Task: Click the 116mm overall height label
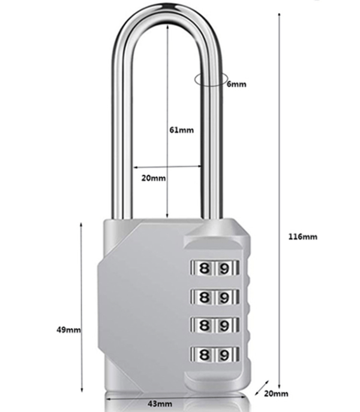click(303, 237)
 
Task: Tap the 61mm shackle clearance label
click(181, 130)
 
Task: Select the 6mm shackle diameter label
click(236, 84)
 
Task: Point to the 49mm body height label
click(68, 330)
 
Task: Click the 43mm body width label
click(160, 404)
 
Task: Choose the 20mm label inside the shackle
click(154, 178)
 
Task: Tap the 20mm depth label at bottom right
click(276, 393)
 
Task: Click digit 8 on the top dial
click(204, 268)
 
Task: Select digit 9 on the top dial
click(224, 268)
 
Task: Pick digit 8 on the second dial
click(204, 298)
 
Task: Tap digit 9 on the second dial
click(224, 298)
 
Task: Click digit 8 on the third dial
click(204, 326)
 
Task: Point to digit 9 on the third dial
click(224, 326)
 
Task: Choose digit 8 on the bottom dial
click(204, 356)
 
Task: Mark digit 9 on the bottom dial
click(224, 356)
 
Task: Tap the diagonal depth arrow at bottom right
click(262, 388)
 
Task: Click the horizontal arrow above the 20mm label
click(167, 166)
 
